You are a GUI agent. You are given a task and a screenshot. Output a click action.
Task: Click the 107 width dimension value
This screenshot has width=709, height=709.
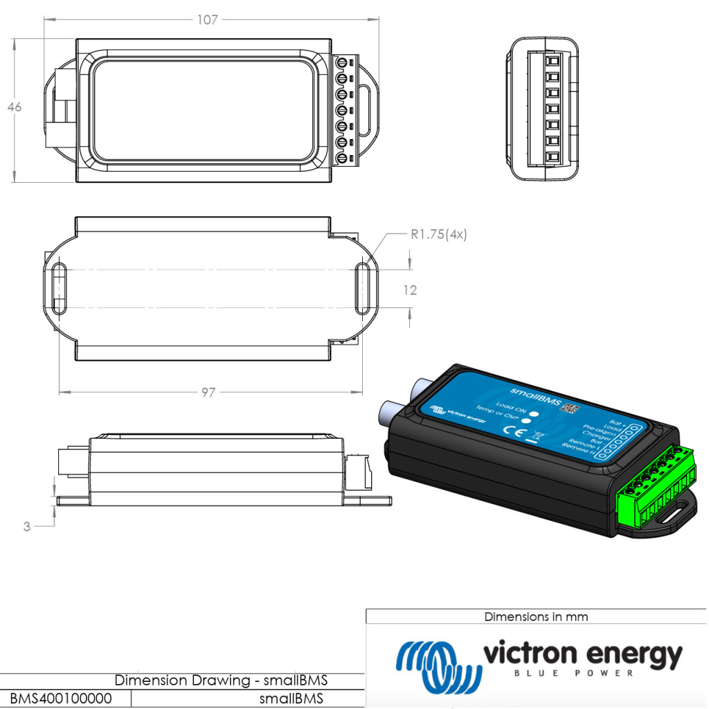[x=207, y=20]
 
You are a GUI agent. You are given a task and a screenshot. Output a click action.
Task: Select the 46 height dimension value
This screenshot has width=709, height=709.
[x=14, y=107]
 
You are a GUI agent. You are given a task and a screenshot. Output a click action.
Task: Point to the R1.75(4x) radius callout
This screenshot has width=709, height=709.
[x=439, y=235]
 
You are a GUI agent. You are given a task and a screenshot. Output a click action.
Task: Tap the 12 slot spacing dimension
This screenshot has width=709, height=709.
[x=411, y=290]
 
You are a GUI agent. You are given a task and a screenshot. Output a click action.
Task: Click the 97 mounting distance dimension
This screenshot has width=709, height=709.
[x=208, y=393]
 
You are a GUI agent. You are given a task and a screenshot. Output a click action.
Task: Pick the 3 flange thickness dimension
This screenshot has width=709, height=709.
[x=27, y=526]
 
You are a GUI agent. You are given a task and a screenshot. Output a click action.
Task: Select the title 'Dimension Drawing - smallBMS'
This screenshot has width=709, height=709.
[x=221, y=680]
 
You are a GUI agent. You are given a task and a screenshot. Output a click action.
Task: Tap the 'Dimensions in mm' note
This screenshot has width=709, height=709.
[x=537, y=616]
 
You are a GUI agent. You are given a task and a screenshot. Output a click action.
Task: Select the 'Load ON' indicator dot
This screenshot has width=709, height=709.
[x=534, y=412]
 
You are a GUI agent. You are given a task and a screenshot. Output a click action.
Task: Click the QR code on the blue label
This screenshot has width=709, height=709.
[x=568, y=408]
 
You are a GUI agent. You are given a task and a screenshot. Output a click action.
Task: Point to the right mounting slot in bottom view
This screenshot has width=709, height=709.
[x=363, y=288]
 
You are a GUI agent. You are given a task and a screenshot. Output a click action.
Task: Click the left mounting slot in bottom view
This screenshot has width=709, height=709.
[x=59, y=288]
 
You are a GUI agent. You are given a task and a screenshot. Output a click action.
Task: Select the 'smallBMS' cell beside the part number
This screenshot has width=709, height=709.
[x=291, y=699]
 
